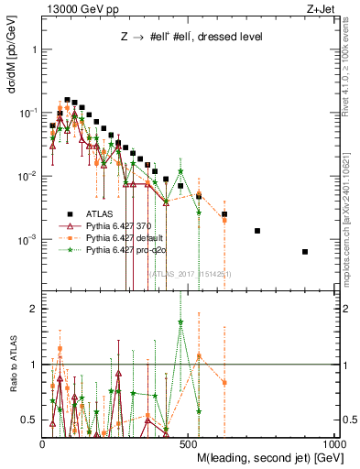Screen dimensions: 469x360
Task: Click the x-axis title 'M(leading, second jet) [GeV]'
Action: click(x=267, y=458)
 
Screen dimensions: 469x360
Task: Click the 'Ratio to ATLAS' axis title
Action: click(x=12, y=365)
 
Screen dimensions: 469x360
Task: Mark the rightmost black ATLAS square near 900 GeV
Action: click(x=305, y=252)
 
